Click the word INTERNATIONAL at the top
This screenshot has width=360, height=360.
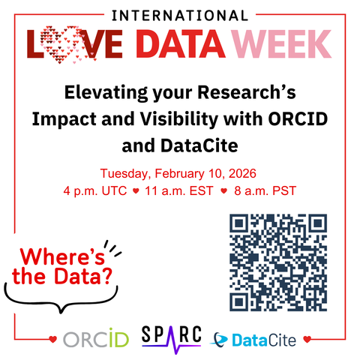(179, 13)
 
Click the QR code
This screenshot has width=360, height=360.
(277, 262)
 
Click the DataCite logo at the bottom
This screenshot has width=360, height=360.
(255, 340)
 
